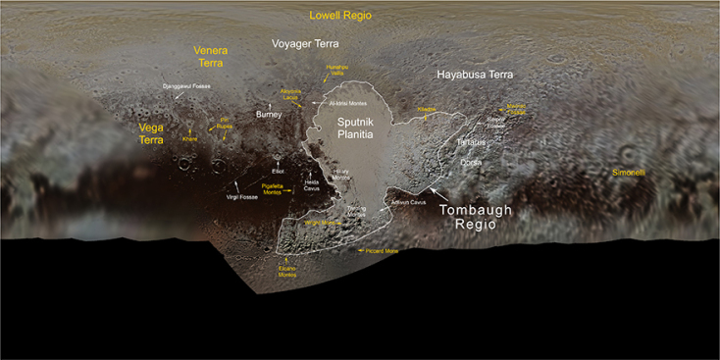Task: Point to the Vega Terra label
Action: tap(151, 133)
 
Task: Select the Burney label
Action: tap(268, 115)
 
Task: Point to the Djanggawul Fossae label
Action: tap(185, 86)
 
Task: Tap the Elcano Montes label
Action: tap(286, 272)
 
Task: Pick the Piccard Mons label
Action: tap(382, 251)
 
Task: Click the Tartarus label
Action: tap(471, 142)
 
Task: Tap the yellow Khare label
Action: tap(190, 138)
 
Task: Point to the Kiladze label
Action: tap(426, 109)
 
